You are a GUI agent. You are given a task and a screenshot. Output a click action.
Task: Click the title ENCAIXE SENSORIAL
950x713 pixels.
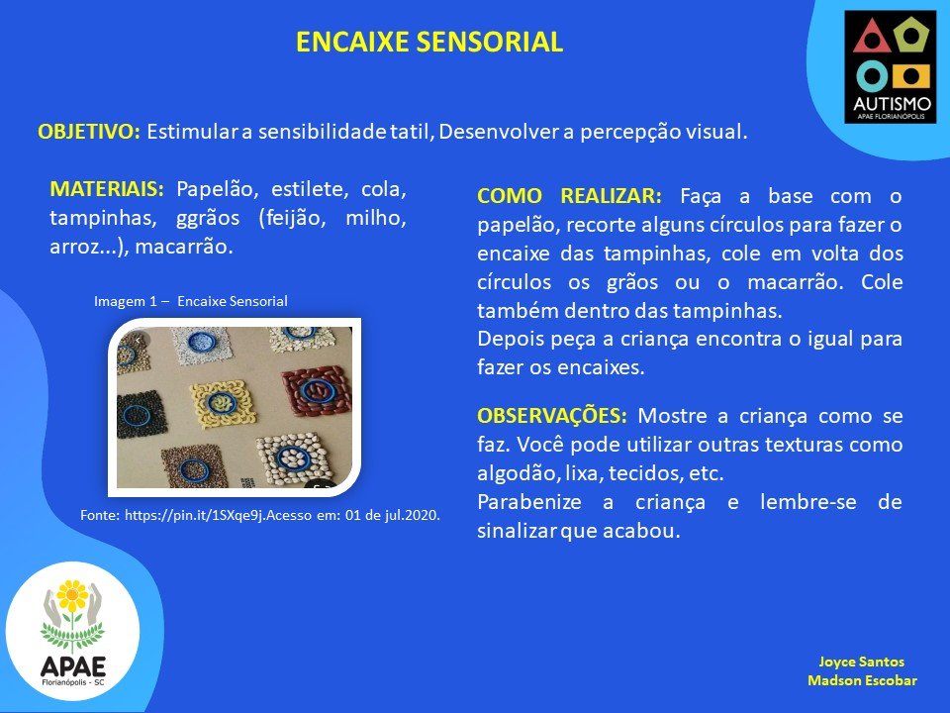(x=429, y=42)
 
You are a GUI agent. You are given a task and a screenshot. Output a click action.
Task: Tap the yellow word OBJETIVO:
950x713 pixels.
(x=89, y=132)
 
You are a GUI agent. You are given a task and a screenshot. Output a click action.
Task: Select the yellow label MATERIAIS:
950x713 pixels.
(x=107, y=189)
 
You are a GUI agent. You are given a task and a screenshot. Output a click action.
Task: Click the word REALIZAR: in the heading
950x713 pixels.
(x=611, y=196)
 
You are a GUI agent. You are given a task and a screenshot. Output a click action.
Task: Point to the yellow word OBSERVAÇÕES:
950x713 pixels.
(x=552, y=416)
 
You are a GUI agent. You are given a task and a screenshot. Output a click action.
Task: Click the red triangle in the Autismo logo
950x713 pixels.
(x=871, y=37)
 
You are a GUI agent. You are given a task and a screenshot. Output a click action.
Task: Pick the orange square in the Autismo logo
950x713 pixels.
(x=910, y=76)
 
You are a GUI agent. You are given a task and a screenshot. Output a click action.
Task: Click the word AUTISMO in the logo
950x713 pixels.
(x=892, y=104)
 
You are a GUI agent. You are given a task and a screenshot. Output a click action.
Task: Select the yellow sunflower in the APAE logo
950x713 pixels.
(x=72, y=595)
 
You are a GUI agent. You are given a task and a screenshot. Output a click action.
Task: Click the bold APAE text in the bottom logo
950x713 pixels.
(x=72, y=666)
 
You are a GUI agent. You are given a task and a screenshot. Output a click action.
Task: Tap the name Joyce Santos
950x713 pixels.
(x=862, y=662)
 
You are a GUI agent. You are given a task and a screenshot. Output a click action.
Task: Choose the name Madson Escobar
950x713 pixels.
(x=862, y=680)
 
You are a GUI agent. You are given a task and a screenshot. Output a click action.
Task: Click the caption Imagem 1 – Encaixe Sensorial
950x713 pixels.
(x=191, y=301)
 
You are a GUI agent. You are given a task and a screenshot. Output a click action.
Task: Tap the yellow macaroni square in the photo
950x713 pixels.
(x=221, y=404)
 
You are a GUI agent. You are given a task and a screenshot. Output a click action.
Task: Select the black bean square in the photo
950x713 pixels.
(x=142, y=415)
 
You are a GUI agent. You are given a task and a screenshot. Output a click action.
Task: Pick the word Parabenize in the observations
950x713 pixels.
(x=528, y=502)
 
